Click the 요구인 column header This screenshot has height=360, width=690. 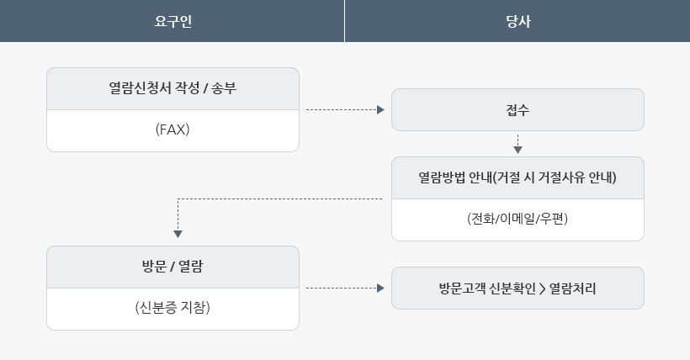[x=172, y=20]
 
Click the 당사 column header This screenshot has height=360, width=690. [x=517, y=20]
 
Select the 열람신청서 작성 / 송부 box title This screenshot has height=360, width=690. [x=172, y=88]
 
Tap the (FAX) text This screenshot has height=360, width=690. [x=172, y=130]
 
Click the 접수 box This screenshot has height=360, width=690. [x=517, y=109]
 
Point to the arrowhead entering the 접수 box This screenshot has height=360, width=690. [x=380, y=109]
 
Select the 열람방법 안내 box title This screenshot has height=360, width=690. [x=517, y=177]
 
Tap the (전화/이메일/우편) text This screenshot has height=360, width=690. [x=517, y=220]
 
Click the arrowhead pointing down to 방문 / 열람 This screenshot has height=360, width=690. [x=178, y=234]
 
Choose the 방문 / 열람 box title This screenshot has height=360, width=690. [x=172, y=267]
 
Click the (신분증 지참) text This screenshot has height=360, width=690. [x=172, y=309]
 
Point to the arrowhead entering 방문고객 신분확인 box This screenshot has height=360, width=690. [x=380, y=288]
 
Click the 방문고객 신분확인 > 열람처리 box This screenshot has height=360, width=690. [x=517, y=288]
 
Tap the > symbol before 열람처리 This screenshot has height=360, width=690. [x=541, y=288]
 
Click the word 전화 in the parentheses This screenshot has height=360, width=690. [x=482, y=220]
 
